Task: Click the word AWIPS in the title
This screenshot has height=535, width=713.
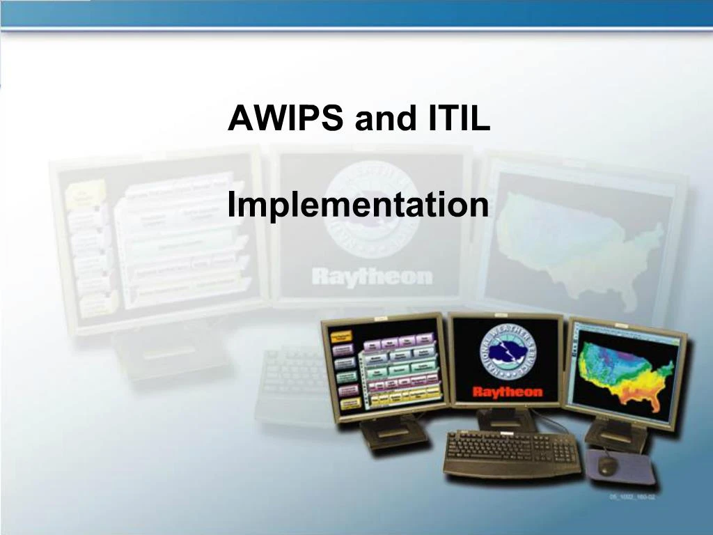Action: point(286,119)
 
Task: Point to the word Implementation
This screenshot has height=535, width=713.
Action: point(358,206)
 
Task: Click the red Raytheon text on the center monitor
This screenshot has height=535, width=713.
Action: point(507,391)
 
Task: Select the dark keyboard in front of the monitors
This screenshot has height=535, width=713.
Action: point(512,453)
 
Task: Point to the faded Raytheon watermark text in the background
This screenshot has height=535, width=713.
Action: point(372,276)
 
